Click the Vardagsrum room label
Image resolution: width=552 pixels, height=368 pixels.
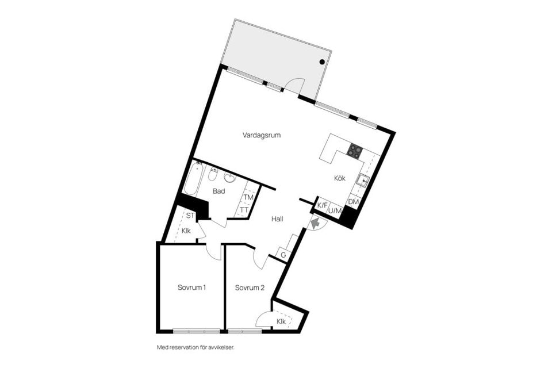tap(261, 136)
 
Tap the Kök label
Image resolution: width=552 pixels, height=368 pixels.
tap(340, 178)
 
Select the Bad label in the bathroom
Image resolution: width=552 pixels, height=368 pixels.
tap(218, 191)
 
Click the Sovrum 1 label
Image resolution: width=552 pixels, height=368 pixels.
tap(191, 287)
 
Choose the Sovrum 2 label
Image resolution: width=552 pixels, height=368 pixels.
tap(250, 287)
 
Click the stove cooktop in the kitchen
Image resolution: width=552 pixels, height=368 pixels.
tap(355, 151)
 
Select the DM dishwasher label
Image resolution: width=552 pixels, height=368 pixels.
tap(354, 202)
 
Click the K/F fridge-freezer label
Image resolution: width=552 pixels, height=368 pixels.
tap(322, 205)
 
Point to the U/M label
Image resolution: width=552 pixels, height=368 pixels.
tap(334, 211)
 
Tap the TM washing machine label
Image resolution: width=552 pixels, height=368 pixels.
tap(248, 198)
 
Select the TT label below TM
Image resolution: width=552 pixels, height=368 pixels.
tap(244, 210)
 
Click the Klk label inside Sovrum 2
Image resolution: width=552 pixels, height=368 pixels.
tap(281, 321)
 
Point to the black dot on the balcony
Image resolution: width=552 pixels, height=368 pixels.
tap(322, 62)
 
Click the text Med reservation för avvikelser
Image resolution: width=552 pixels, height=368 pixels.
tap(195, 347)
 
